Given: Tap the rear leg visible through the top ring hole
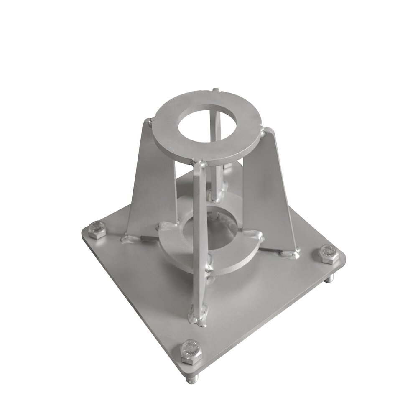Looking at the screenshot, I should (213, 125).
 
